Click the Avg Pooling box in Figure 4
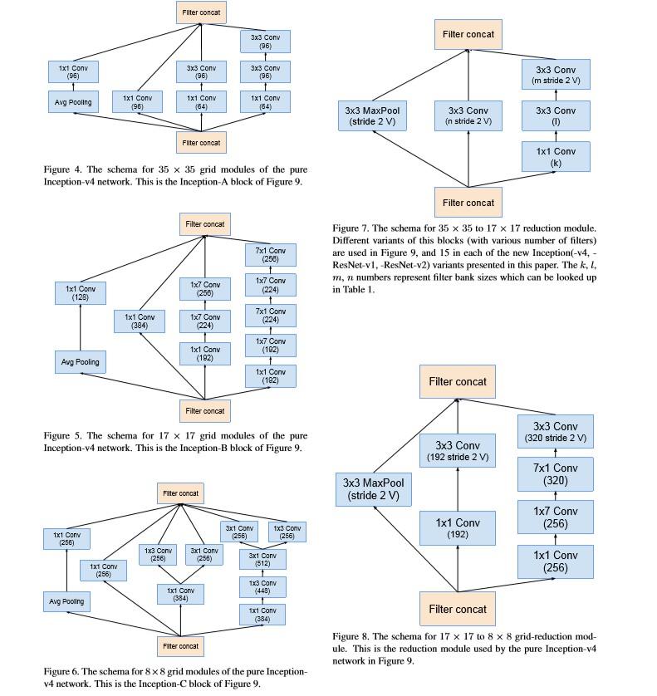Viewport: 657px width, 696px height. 74,104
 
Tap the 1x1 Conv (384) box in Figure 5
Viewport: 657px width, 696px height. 140,321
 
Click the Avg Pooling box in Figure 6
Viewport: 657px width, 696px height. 67,601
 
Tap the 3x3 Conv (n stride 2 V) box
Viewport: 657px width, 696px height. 468,115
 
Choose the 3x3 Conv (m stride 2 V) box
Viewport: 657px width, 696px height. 556,76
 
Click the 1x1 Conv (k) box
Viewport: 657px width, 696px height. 556,156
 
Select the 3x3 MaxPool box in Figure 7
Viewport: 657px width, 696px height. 369,115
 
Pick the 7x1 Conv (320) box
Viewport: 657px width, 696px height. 556,473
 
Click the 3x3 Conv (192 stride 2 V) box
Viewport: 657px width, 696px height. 457,452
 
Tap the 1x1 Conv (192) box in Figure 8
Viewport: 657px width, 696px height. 457,530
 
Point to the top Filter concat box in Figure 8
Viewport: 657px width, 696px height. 457,382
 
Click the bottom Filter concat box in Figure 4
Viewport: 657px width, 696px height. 201,143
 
